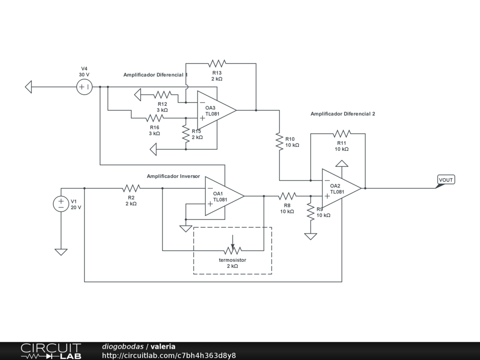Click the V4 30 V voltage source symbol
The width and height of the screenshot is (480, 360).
(84, 87)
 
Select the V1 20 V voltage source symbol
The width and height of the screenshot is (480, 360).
(61, 204)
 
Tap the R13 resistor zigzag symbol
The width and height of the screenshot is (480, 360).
(217, 64)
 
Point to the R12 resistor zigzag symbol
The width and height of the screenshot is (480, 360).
(163, 95)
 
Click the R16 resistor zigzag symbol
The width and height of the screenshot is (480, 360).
(155, 118)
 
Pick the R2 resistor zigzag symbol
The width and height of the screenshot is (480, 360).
(131, 188)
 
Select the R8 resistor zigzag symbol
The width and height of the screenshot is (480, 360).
(287, 196)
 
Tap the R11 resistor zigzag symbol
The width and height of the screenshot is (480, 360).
(342, 134)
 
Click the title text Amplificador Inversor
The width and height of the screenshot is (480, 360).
(173, 176)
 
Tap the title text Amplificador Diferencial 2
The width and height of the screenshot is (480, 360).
(343, 114)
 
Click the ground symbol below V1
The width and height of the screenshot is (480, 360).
(61, 252)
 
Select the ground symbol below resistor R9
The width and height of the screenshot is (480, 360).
(311, 236)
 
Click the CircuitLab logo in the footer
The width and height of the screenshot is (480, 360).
(51, 351)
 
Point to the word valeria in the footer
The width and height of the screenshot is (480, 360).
(163, 346)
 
